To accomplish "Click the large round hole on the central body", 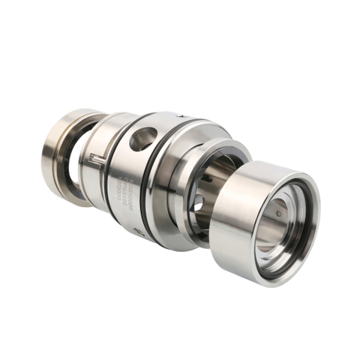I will [x=143, y=139].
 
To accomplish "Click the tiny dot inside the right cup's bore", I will [x=278, y=214].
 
